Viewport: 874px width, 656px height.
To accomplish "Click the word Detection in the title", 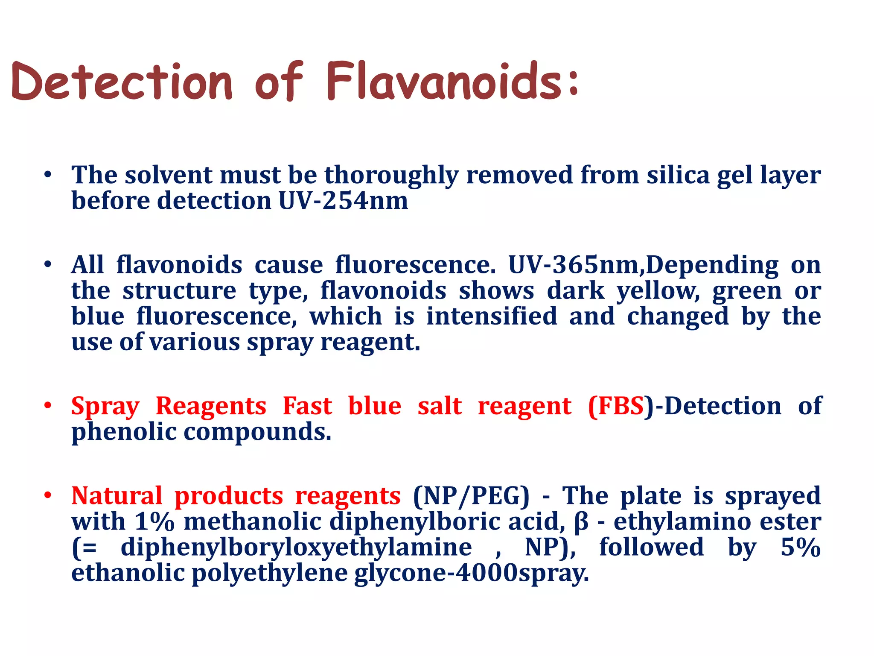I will [122, 81].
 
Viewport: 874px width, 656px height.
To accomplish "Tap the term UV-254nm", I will [343, 201].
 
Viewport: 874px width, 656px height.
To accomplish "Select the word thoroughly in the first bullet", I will [391, 175].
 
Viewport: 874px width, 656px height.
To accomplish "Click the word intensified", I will [492, 316].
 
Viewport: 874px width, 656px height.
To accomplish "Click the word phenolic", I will [124, 432].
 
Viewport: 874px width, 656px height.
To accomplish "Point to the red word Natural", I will [117, 496].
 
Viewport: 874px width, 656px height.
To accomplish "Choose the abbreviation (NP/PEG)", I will [471, 496].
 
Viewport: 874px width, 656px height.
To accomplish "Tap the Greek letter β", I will [581, 522].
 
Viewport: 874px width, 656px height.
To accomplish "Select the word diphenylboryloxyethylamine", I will [296, 548].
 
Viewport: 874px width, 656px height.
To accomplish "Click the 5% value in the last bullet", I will [801, 548].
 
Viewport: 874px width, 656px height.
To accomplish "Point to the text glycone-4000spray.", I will [471, 574].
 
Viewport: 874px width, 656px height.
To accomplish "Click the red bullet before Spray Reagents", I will [48, 406].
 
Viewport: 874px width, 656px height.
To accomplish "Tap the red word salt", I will [440, 406].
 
